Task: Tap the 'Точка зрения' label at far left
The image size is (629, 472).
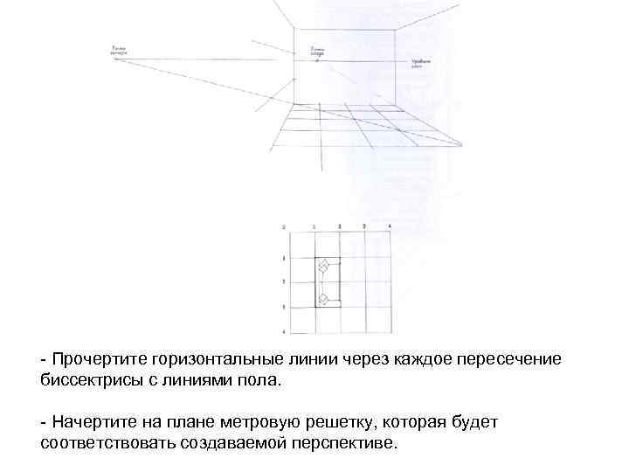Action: point(119,51)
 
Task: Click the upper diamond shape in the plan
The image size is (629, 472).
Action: point(322,264)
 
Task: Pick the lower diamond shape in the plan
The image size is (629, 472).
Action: point(322,299)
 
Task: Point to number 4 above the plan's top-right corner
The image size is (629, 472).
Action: point(388,227)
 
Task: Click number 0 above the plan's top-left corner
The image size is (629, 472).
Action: point(285,227)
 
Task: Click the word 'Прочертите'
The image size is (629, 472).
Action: point(98,359)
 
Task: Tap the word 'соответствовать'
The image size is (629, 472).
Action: point(110,443)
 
